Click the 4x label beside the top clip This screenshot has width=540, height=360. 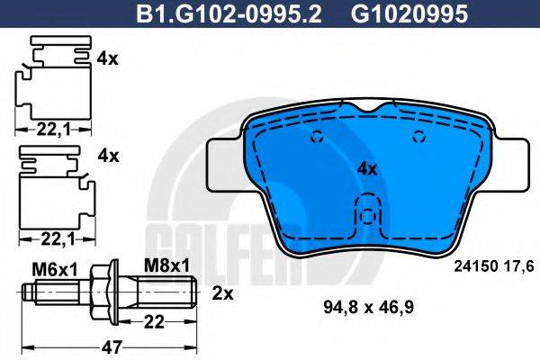click(107, 59)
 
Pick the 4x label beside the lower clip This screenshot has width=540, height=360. click(107, 155)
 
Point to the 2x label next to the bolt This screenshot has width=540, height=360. click(222, 293)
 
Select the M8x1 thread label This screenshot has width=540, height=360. click(166, 265)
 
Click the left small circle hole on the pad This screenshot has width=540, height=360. click(317, 138)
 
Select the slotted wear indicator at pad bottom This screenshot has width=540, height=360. click(366, 214)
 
